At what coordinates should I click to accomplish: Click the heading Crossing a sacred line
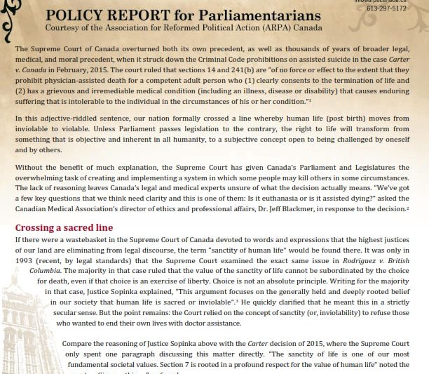(x=64, y=228)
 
